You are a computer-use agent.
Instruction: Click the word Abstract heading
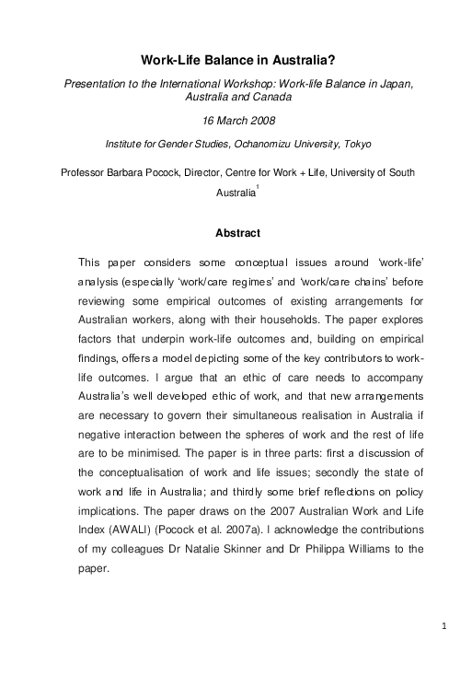(236, 233)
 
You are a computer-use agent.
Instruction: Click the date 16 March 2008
(236, 121)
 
